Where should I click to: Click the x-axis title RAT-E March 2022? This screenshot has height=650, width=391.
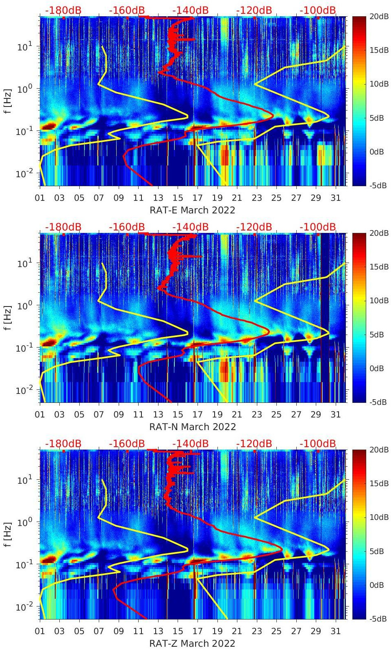click(192, 210)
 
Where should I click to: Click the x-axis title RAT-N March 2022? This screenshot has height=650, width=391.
click(192, 427)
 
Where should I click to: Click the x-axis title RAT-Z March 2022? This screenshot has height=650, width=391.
click(192, 643)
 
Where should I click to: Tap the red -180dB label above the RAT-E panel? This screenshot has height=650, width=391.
click(63, 10)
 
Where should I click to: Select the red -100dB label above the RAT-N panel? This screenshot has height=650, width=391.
click(318, 227)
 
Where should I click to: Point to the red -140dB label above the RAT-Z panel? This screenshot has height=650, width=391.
click(190, 443)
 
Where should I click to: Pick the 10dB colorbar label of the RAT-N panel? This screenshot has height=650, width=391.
click(379, 300)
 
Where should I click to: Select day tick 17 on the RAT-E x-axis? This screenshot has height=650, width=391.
click(198, 198)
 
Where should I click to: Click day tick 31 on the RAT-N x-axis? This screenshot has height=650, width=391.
click(335, 415)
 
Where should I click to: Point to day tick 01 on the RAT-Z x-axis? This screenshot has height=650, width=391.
click(40, 631)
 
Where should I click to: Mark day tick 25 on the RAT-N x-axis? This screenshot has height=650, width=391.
click(276, 415)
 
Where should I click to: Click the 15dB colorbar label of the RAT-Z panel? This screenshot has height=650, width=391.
click(379, 483)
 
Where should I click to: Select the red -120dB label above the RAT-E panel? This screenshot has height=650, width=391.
click(254, 10)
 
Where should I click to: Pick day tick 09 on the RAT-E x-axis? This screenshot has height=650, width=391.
click(119, 198)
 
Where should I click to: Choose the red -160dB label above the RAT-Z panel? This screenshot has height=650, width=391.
click(127, 443)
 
